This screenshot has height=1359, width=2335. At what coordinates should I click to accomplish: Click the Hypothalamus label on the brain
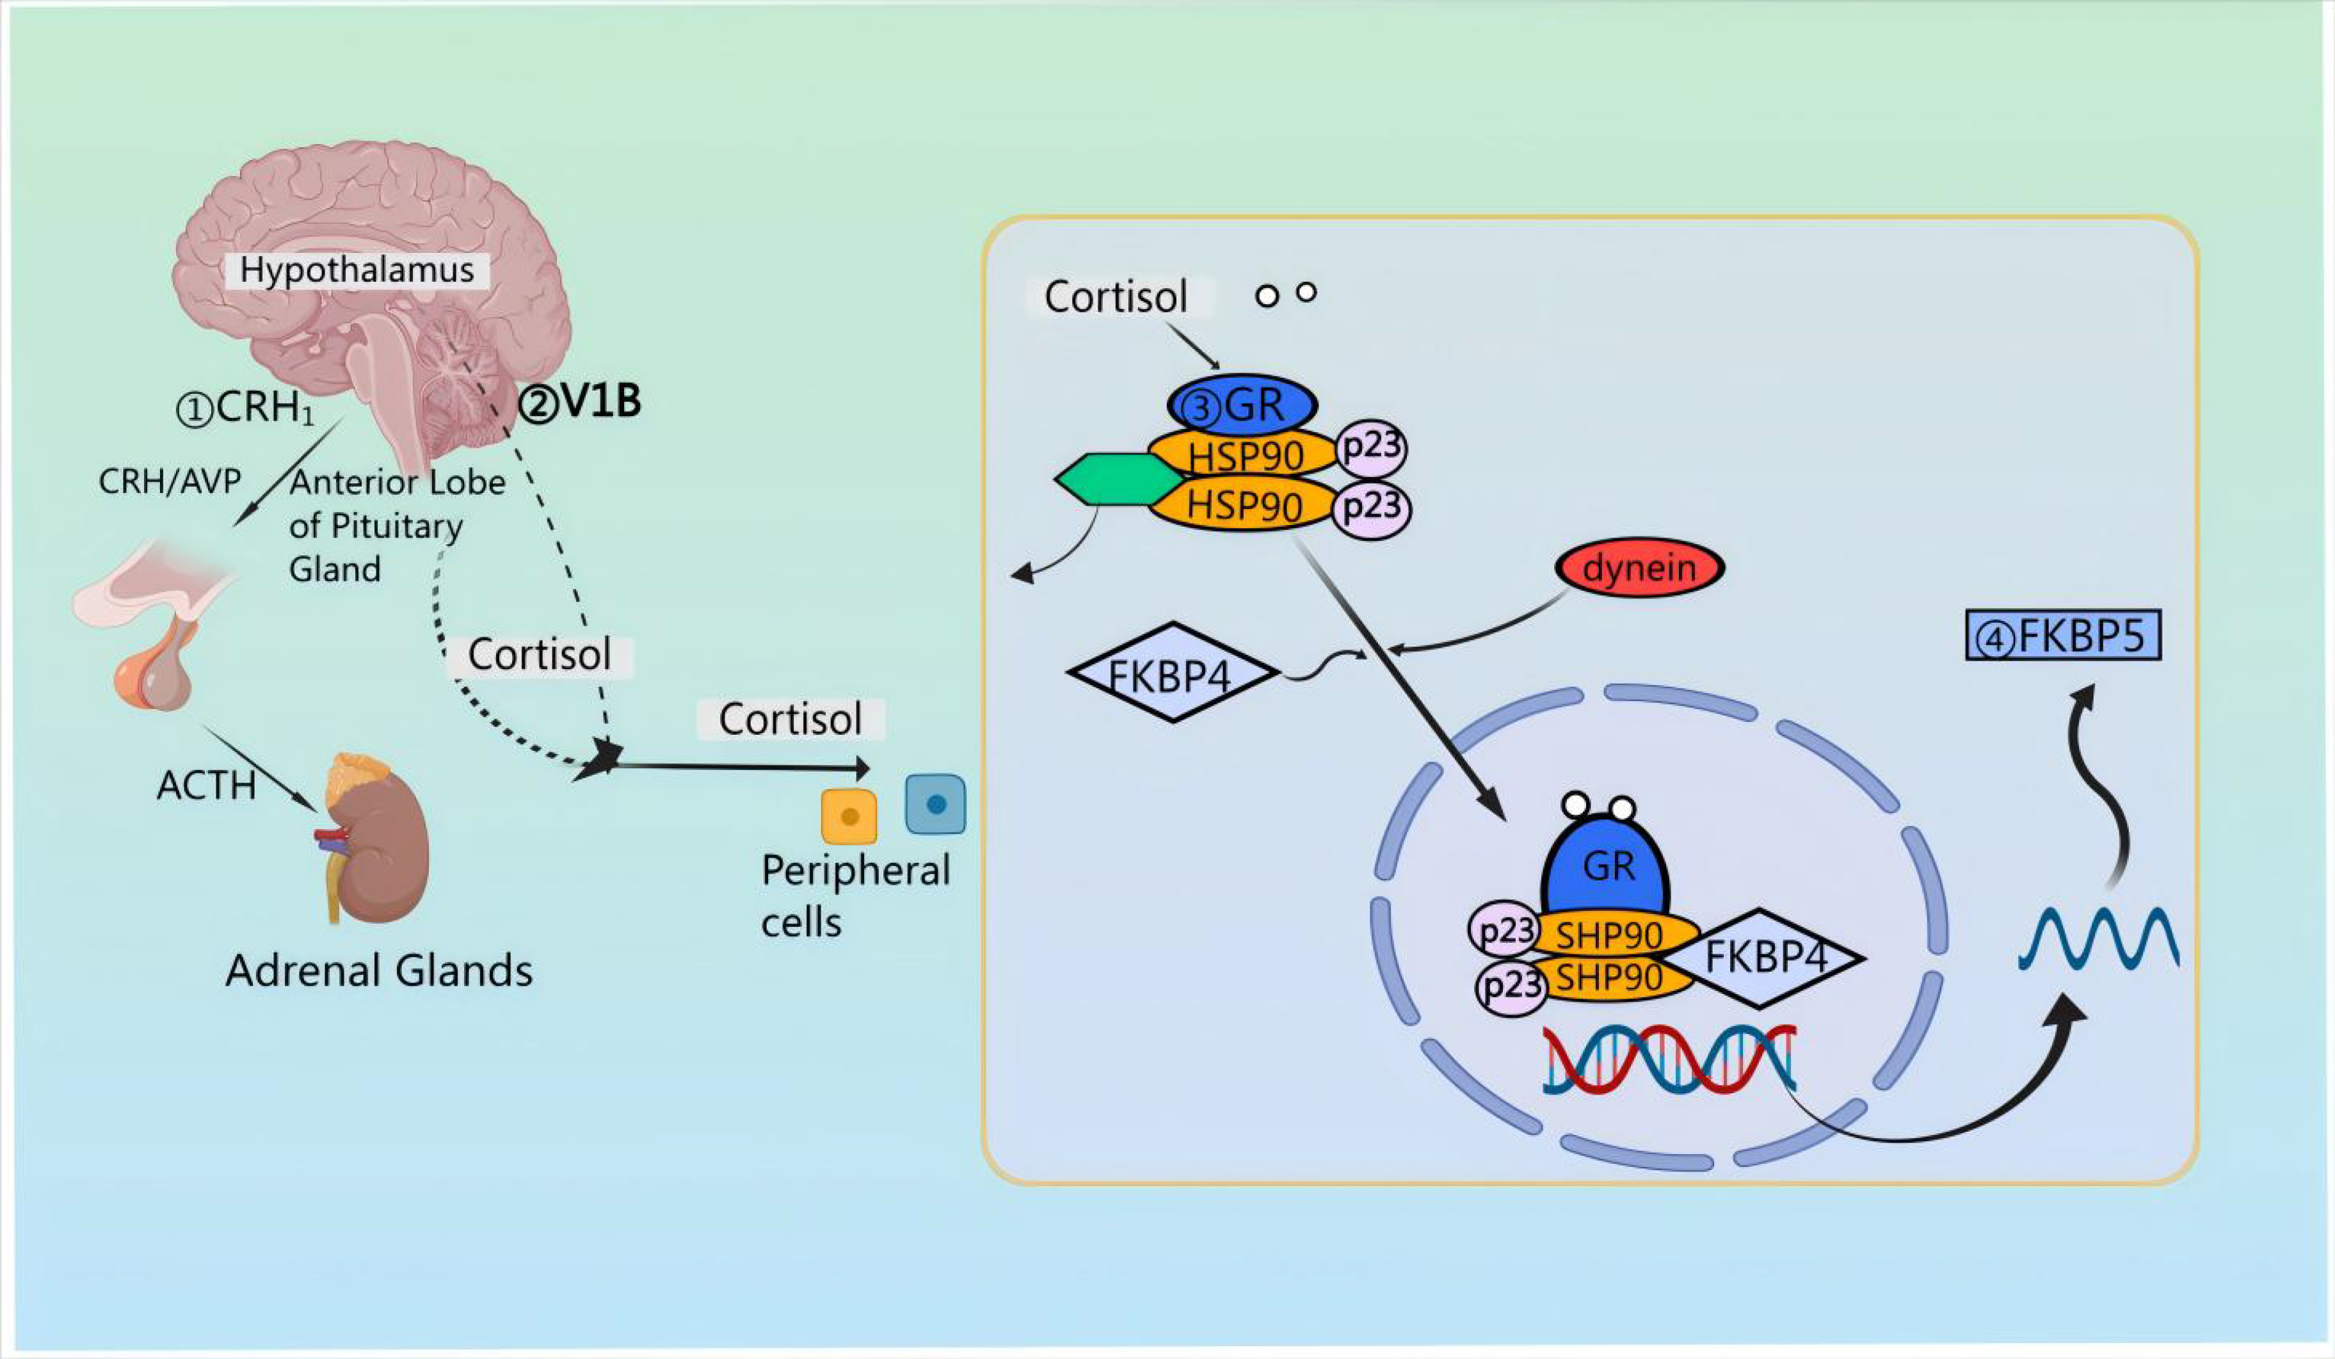(x=357, y=271)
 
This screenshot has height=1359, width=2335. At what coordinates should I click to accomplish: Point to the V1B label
(x=580, y=402)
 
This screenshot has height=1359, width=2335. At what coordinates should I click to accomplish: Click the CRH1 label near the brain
(x=246, y=408)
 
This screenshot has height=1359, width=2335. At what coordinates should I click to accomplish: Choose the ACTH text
(x=205, y=785)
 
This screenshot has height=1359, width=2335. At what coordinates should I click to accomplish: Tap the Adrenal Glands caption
(x=379, y=971)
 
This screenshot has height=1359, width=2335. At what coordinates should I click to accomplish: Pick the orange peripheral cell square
(x=849, y=816)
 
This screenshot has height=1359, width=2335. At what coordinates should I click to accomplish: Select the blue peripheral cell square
(x=935, y=804)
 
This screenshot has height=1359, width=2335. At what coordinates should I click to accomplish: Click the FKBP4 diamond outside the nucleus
(x=1171, y=673)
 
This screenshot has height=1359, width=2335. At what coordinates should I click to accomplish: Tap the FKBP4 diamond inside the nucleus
(x=1766, y=958)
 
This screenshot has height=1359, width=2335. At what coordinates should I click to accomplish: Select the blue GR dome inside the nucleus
(x=1606, y=866)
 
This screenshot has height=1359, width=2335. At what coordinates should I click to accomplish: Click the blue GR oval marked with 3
(x=1242, y=405)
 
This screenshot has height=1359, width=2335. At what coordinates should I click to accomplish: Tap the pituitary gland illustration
(x=157, y=639)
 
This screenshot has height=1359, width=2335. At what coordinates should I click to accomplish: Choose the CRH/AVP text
(x=170, y=482)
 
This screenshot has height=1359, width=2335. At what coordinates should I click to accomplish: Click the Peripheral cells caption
(x=855, y=895)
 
